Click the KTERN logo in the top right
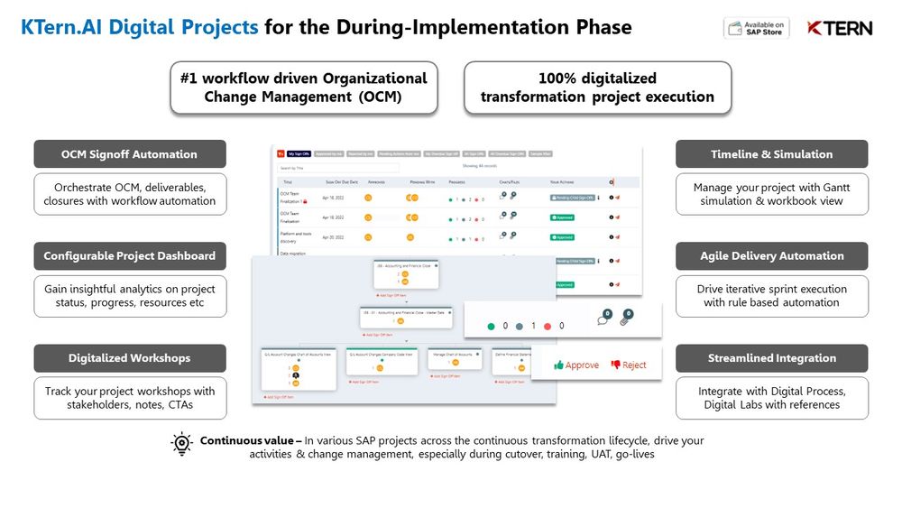tap(839, 28)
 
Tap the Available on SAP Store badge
tap(756, 28)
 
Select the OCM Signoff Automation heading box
tap(129, 154)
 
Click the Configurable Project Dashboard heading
tap(129, 256)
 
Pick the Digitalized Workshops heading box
tap(129, 358)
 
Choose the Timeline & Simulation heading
tap(771, 154)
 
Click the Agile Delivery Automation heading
tap(771, 256)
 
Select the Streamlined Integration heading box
tap(771, 358)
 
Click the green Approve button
tap(577, 365)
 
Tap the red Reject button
tap(629, 365)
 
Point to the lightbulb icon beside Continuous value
tap(182, 443)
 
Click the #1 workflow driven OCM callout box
tap(303, 88)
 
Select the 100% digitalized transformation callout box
tap(597, 88)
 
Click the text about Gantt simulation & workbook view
tap(771, 194)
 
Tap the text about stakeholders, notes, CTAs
tap(129, 398)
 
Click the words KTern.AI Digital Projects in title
tap(139, 27)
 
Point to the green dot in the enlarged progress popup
tap(491, 326)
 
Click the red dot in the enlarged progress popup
tap(548, 326)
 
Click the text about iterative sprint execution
tap(771, 296)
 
